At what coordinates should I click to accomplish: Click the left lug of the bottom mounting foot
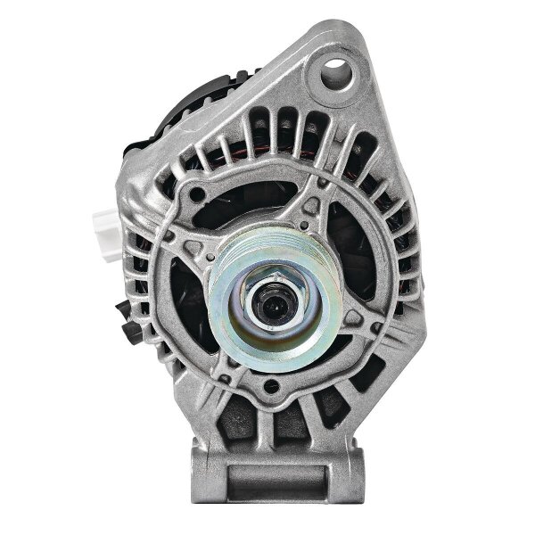[x=203, y=468]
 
